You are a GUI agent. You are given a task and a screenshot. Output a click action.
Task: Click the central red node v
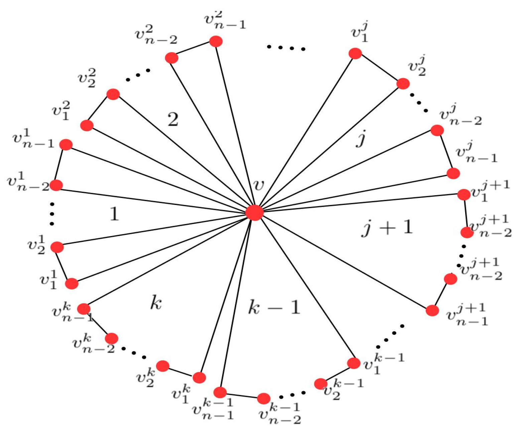pos(254,213)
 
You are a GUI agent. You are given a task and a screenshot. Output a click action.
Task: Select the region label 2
pos(173,119)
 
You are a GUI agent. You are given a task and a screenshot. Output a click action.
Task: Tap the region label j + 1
pos(387,228)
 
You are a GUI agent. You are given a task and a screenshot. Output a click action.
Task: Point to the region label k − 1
pos(274,307)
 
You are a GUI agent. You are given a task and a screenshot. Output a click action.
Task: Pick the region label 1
pos(114,214)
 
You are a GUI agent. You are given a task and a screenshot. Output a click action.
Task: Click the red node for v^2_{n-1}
pos(216,41)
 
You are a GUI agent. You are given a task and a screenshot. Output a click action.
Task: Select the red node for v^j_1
pos(355,53)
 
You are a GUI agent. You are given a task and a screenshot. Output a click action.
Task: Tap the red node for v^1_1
pos(72,284)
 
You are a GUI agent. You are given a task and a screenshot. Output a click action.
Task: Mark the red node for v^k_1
pos(199,377)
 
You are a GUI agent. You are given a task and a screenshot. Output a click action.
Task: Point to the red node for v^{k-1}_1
pos(354,363)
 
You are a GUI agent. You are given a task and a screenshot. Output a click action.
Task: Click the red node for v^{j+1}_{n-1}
pos(432,311)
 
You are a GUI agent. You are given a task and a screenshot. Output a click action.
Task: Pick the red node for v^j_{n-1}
pos(453,173)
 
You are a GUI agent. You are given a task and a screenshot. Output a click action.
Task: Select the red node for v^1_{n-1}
pos(66,145)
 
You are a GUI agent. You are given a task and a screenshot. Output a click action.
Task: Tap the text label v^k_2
pos(146,377)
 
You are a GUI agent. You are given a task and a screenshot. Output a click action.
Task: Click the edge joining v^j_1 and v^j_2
pos(379,69)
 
